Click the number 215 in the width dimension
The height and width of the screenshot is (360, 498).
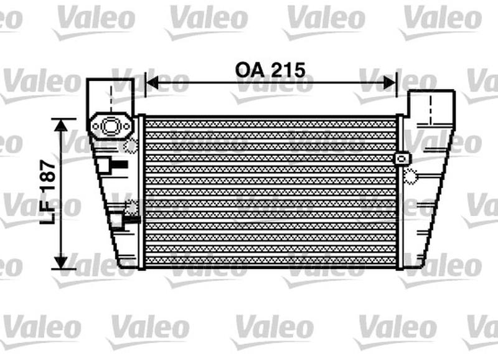[287, 70]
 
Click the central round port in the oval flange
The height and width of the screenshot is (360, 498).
[111, 126]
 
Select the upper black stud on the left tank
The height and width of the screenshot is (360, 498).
[118, 165]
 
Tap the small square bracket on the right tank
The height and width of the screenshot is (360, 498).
[400, 158]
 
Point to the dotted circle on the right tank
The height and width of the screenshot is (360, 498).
[411, 178]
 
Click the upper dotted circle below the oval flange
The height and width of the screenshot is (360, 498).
[131, 147]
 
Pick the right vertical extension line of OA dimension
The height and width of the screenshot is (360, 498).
[397, 93]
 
